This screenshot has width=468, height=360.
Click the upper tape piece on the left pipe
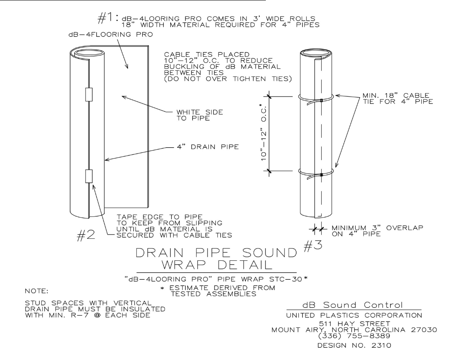tap(88, 94)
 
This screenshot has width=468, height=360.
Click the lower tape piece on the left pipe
tap(88, 176)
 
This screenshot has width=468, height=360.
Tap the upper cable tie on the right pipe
tap(316, 98)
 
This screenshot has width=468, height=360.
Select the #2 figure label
tap(86, 235)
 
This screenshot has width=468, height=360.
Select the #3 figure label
tap(313, 245)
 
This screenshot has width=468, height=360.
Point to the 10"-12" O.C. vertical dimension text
tap(263, 132)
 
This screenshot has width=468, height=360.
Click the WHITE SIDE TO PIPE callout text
tap(200, 115)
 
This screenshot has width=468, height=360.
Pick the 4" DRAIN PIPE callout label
tap(208, 147)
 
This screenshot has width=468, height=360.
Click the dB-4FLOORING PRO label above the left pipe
tap(111, 35)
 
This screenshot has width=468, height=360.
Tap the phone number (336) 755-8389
tap(354, 336)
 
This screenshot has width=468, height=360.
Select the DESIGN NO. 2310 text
tap(354, 346)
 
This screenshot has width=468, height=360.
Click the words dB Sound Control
tap(353, 305)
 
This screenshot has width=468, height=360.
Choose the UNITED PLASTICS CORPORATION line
tap(354, 315)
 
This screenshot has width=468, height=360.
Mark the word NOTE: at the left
tap(36, 291)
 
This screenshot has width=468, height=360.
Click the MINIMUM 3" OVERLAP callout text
tap(377, 231)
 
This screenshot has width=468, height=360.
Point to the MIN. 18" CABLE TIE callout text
tap(398, 98)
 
